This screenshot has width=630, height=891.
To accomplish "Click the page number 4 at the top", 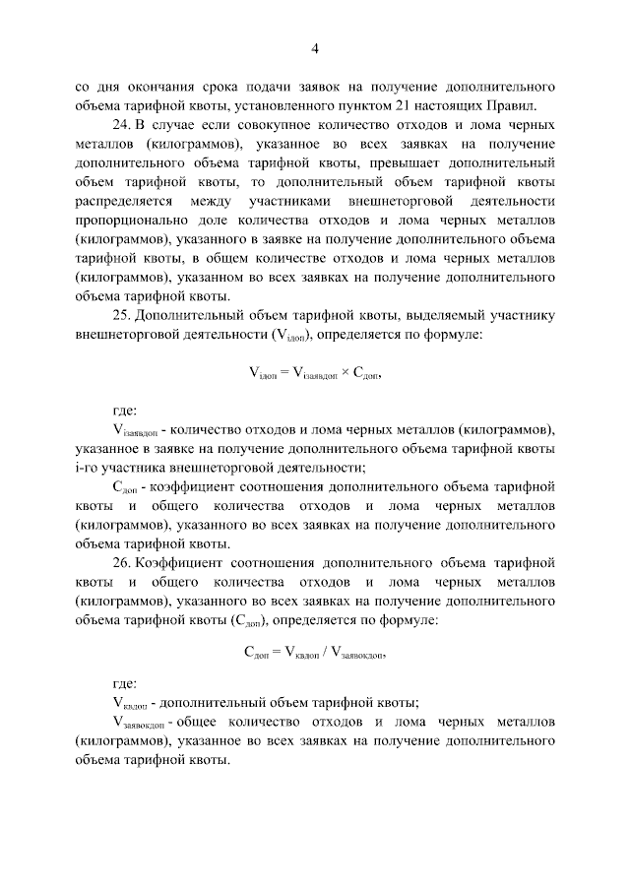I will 315,48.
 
